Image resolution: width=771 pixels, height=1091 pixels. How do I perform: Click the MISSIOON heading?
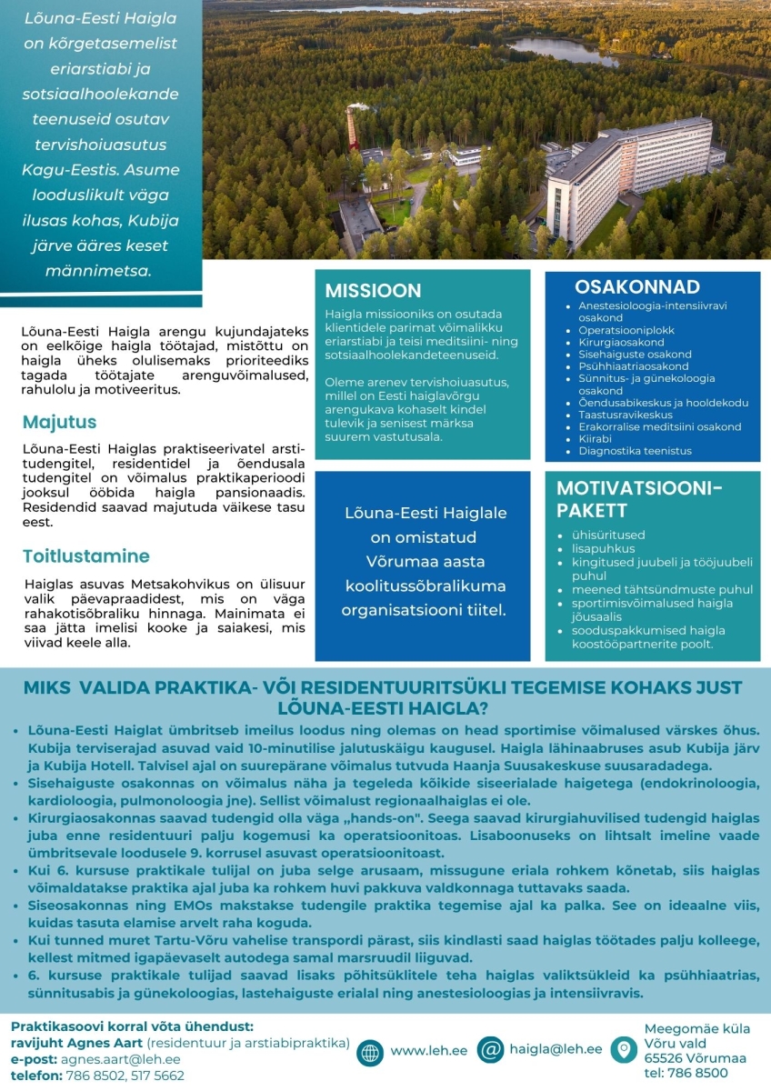click(x=373, y=291)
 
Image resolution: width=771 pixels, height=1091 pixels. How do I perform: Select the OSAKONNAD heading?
click(x=636, y=287)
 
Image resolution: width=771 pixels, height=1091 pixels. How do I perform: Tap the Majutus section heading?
click(x=59, y=423)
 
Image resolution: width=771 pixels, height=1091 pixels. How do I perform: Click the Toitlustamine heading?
click(x=86, y=556)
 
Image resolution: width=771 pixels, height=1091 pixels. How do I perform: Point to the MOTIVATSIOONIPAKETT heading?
click(x=639, y=499)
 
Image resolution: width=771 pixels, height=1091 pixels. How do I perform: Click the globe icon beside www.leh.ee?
click(x=370, y=1050)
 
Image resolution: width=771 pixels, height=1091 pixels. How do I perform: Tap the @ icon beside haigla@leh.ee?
click(x=490, y=1050)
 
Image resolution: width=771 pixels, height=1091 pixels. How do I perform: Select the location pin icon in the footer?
click(x=624, y=1050)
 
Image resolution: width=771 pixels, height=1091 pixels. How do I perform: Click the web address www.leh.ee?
click(x=428, y=1050)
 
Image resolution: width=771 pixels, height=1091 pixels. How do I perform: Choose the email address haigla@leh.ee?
click(x=555, y=1049)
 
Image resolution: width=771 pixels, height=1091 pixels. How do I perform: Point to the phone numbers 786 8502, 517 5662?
click(x=125, y=1076)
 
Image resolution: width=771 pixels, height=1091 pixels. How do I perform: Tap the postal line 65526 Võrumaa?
click(x=695, y=1058)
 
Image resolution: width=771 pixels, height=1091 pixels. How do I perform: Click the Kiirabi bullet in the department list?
click(x=596, y=438)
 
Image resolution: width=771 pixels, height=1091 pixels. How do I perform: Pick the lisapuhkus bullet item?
click(x=604, y=549)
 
